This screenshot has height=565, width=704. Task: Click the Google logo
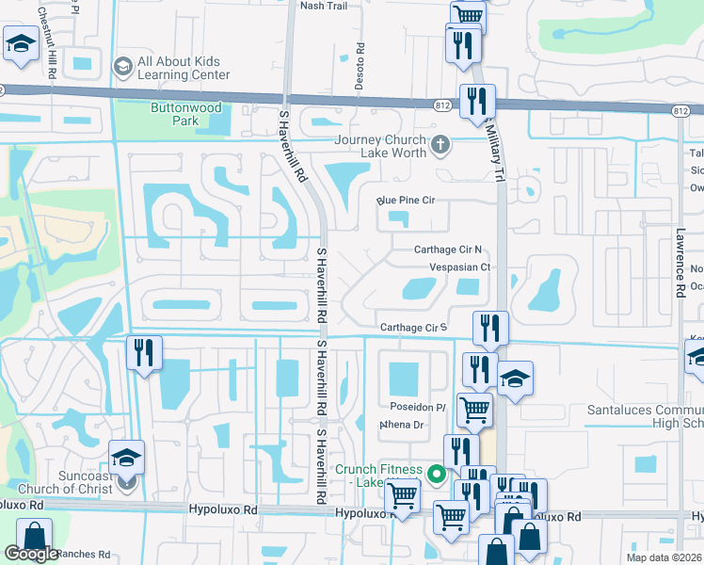[x=31, y=554]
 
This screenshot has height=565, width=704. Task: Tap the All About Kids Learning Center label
[x=183, y=68]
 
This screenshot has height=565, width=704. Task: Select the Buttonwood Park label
[x=174, y=114]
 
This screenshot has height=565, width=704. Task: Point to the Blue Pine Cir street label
[x=406, y=201]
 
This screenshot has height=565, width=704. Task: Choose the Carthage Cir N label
[x=448, y=250]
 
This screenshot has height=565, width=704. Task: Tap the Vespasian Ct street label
[x=460, y=267]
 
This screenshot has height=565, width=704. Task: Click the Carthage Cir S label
[x=411, y=328]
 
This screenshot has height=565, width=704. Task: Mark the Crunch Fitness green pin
[x=436, y=474]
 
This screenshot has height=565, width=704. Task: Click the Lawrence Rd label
[x=679, y=264]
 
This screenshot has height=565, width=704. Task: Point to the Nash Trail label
[x=323, y=6]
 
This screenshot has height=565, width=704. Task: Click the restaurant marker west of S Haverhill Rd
[x=143, y=353]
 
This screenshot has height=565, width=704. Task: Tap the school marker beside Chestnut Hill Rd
[x=20, y=43]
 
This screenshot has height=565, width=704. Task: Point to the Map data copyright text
[x=664, y=557]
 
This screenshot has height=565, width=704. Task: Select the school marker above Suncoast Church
[x=126, y=458]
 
